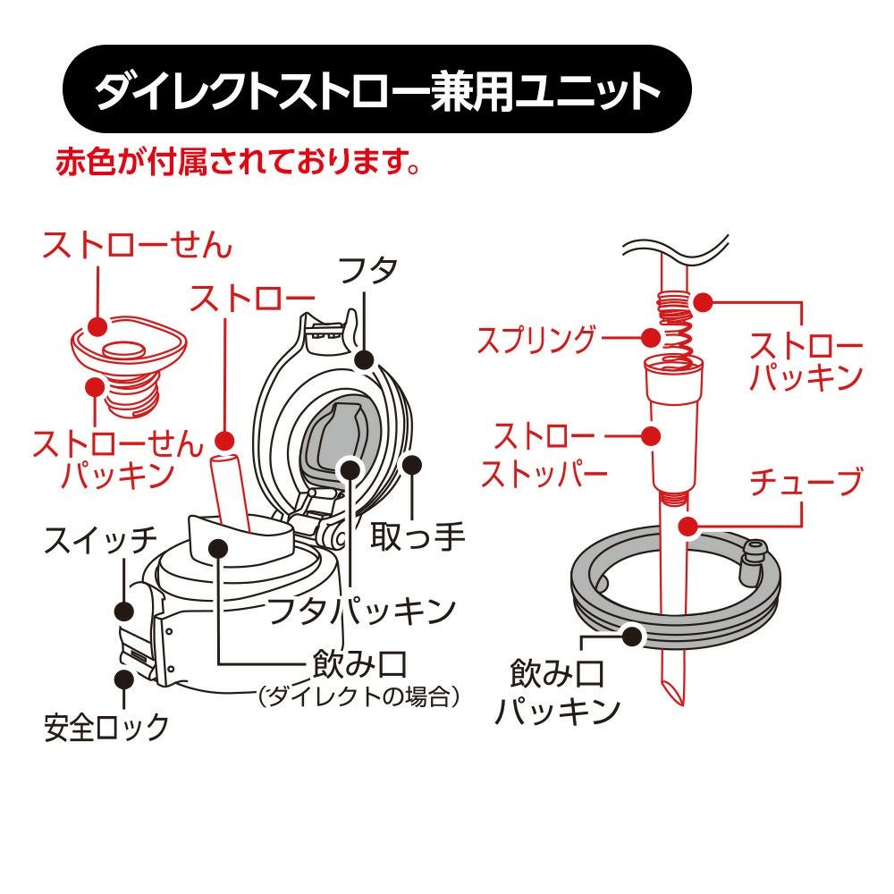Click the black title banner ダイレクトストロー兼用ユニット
[376, 89]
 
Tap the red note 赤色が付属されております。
[239, 162]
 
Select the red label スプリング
[536, 339]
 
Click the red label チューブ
[805, 482]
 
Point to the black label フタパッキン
[361, 611]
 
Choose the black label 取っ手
[417, 536]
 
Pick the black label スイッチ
[100, 540]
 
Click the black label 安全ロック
[106, 728]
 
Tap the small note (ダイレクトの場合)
[358, 696]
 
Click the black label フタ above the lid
[367, 270]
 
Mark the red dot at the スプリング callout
[650, 338]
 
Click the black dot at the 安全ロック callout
[123, 679]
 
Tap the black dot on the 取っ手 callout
[411, 465]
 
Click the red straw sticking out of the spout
[230, 489]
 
